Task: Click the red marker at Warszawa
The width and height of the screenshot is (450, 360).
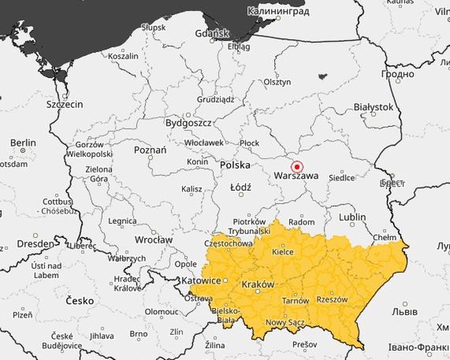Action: [297, 167]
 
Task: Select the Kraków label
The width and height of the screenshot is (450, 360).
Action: [258, 284]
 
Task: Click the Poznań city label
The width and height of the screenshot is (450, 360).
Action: [150, 150]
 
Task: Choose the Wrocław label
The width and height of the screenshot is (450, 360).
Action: [153, 239]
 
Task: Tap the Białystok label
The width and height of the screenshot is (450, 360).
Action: [373, 106]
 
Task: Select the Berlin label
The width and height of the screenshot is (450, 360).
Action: [23, 143]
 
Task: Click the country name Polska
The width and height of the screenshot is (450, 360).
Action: [235, 165]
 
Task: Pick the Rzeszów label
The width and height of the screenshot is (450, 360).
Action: [331, 299]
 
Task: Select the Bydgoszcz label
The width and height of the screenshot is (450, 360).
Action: [188, 123]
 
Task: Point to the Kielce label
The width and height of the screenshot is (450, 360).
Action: [282, 251]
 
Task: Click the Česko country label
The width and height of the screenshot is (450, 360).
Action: [80, 301]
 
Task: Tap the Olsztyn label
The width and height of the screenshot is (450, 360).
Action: [277, 82]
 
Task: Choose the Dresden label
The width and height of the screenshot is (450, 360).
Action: [35, 243]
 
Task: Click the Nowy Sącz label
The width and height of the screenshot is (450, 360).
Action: [285, 322]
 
